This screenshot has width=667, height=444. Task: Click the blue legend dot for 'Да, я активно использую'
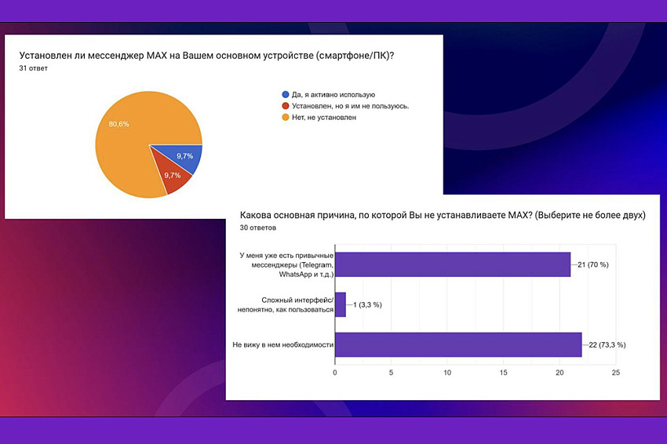[286, 94]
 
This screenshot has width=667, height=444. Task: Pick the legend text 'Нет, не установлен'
[324, 118]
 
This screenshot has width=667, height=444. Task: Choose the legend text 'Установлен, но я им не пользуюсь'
[350, 106]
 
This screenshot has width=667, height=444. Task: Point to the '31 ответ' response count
[33, 68]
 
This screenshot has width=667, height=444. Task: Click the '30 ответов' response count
[258, 227]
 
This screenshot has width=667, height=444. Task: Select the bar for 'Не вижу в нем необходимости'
[458, 344]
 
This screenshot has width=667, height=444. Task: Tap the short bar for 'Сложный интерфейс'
[341, 304]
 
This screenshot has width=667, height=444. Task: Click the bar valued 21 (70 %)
[453, 264]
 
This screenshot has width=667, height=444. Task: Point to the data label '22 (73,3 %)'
[607, 345]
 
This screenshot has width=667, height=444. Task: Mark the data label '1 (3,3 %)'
[367, 305]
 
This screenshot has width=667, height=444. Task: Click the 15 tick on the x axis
[503, 373]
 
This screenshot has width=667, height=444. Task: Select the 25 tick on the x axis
[615, 373]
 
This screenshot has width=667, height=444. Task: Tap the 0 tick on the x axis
[335, 373]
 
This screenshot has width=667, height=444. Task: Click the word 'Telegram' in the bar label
[316, 265]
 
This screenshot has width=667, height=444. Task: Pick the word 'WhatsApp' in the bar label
[295, 275]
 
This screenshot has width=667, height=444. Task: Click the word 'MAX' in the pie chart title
[156, 56]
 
